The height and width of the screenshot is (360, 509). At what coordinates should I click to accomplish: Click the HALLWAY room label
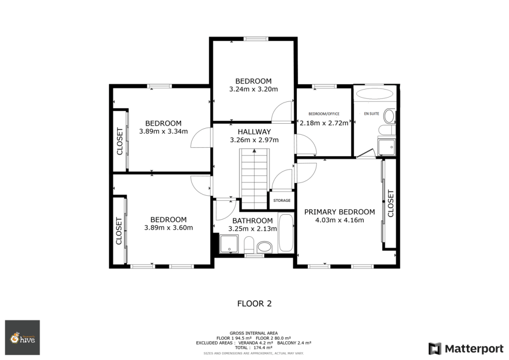[x=254, y=132]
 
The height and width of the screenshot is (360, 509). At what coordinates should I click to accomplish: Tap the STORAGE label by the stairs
[x=282, y=200]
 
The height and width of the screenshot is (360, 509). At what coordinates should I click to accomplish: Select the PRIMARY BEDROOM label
[x=339, y=212]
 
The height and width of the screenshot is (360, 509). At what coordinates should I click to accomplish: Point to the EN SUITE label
[x=372, y=114]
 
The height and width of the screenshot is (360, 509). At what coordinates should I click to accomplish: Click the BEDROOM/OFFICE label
[x=324, y=114]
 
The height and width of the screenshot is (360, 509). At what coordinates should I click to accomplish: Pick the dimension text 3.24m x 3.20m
[x=253, y=90]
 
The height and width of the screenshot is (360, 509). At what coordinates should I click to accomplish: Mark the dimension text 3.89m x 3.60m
[x=169, y=228]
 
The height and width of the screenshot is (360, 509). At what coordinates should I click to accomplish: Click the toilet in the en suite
[x=390, y=117]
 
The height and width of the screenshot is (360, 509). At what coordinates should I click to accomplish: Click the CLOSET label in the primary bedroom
[x=390, y=204]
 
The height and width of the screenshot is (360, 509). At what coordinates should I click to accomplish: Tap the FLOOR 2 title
[x=254, y=303]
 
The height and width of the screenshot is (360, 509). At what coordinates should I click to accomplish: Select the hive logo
[x=22, y=338]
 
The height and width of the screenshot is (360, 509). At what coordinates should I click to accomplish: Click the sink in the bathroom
[x=265, y=247]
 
